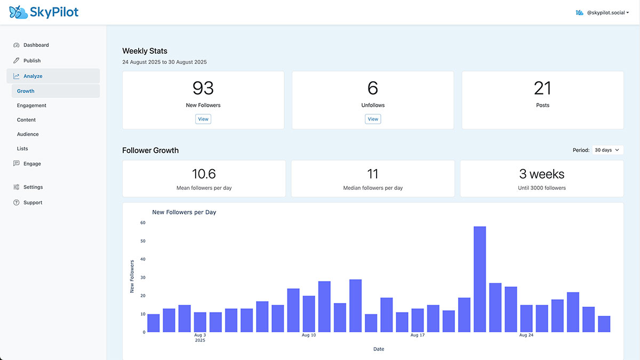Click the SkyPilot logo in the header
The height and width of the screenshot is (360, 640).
44,12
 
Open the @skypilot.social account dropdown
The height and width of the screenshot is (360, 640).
602,12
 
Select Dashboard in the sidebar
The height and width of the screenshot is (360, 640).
36,45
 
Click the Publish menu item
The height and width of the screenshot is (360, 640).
32,61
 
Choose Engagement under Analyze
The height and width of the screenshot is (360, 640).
31,106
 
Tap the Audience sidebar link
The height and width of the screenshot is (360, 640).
28,134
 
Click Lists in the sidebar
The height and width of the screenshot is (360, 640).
22,149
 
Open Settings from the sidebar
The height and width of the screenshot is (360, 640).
33,187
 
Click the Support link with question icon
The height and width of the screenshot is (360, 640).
33,203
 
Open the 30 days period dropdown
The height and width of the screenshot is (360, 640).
607,150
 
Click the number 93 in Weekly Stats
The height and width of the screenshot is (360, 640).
203,88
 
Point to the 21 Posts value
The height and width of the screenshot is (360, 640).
542,88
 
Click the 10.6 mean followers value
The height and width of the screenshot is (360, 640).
204,174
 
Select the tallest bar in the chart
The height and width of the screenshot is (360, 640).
479,279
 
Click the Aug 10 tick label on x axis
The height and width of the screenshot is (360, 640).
309,335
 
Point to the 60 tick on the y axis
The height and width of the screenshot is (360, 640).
142,223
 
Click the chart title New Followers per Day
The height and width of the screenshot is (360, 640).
184,212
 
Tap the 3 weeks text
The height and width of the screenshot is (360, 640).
541,174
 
